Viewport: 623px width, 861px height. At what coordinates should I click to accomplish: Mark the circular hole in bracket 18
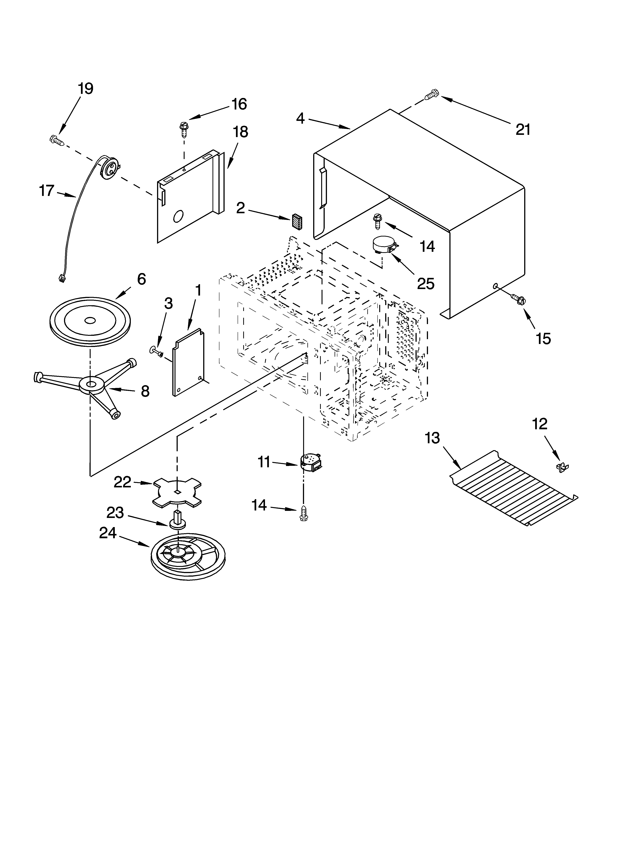pos(178,217)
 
